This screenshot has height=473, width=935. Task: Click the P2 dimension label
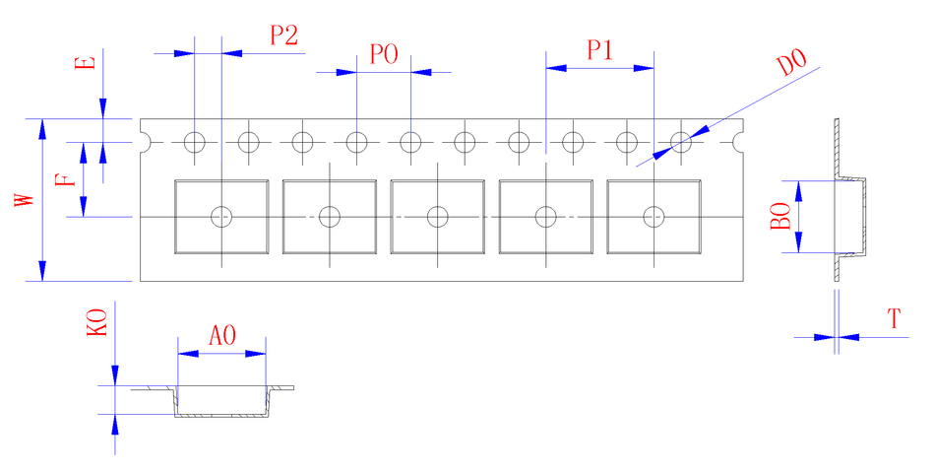283,35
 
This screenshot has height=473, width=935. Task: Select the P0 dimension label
384,54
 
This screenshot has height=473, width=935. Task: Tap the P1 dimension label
600,51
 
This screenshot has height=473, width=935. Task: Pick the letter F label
64,180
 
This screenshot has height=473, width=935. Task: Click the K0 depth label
96,322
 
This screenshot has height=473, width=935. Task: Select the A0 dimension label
222,335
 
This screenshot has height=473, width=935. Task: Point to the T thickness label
894,319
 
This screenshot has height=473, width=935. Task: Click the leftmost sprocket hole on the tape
195,142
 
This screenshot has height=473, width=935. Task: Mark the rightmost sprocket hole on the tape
680,142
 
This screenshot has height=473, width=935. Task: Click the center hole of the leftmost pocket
222,216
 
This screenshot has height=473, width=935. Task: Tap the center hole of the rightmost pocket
654,216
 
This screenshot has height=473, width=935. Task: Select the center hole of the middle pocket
438,216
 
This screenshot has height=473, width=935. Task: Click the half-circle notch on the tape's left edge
145,142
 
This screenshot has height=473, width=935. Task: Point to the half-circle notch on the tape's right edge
742,142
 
